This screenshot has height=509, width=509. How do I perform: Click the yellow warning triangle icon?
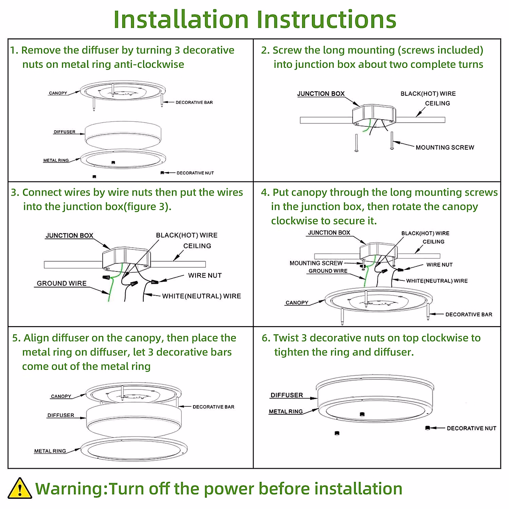tap(20, 488)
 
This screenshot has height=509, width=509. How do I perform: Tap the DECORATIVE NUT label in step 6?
tap(471, 428)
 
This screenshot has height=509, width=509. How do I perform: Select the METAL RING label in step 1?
tap(56, 160)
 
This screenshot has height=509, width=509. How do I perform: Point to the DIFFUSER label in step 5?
tap(61, 415)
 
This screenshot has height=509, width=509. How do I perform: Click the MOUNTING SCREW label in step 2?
tap(445, 148)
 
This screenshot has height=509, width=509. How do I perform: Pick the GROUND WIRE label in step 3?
tap(62, 283)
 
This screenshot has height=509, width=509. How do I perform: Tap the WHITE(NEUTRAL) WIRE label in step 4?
tap(437, 281)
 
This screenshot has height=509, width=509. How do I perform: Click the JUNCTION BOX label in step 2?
tap(321, 94)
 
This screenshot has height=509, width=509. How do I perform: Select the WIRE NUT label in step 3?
tap(205, 276)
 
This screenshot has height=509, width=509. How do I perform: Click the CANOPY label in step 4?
tap(297, 303)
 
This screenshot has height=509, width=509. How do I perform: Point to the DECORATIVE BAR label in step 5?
tap(213, 407)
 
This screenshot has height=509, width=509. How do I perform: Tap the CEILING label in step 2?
tap(437, 103)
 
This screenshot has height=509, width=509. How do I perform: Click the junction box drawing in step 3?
tap(126, 258)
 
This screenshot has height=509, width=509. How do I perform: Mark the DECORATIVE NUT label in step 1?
tap(195, 173)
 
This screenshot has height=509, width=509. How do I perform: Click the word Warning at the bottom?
tap(71, 489)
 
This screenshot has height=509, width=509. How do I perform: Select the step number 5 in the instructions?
tap(16, 338)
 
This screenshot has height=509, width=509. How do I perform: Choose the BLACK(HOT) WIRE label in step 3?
tap(187, 235)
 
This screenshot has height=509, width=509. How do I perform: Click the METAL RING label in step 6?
tap(286, 411)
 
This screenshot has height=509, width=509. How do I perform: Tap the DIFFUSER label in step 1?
tap(64, 132)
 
